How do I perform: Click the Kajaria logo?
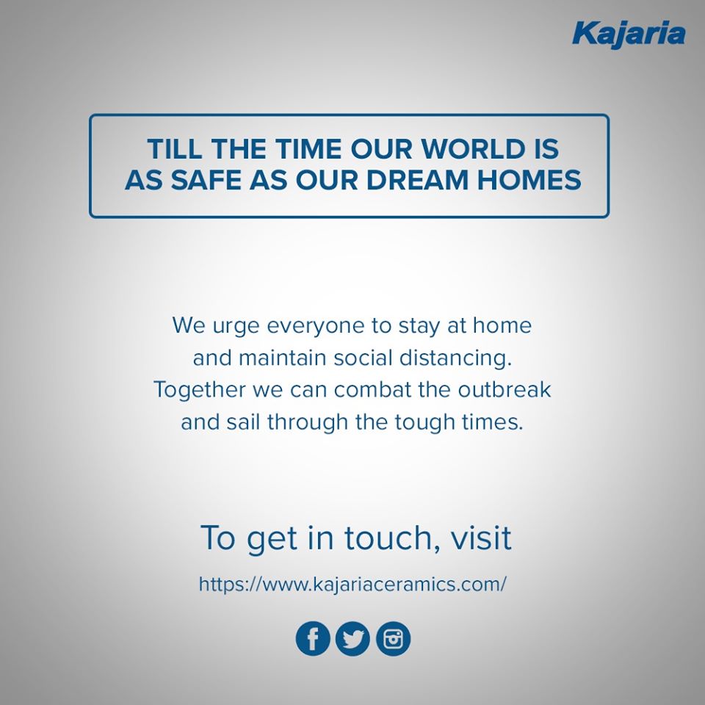coord(629,35)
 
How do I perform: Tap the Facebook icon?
coord(313,638)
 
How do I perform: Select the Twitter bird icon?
coord(353,638)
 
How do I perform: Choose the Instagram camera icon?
coord(394,638)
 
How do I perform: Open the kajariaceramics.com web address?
coord(352,585)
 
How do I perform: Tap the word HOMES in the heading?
coord(529,180)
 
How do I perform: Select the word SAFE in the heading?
coord(206,180)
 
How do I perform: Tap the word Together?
coord(200,391)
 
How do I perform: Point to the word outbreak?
coord(504,389)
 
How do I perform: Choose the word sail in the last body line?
coord(243,422)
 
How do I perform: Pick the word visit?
coord(482,538)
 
